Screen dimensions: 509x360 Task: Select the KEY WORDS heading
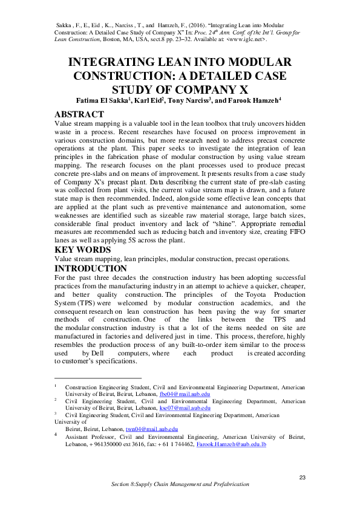point(83,250)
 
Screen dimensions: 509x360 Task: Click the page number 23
point(303,478)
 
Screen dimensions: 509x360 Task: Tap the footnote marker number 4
point(56,434)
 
